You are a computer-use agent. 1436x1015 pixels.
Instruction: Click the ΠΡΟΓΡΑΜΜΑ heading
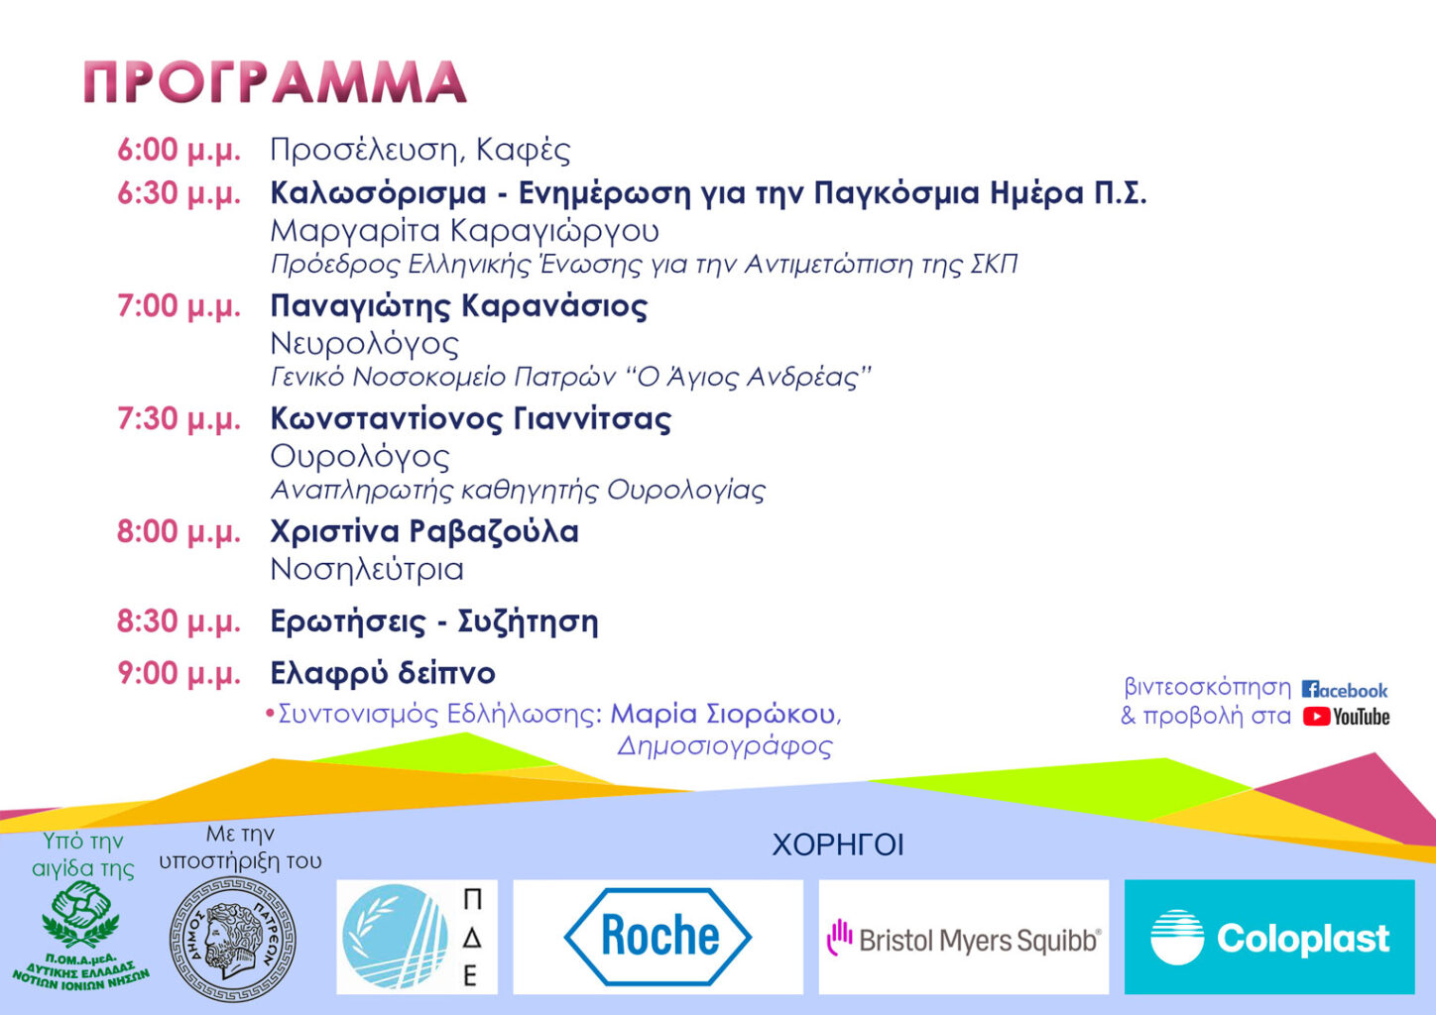click(275, 82)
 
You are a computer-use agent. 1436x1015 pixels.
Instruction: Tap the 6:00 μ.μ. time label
click(179, 151)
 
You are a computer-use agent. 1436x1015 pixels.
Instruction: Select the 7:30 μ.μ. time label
click(179, 419)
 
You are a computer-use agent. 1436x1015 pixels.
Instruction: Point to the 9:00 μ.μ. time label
click(179, 674)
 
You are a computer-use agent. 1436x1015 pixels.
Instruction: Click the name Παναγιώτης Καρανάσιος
click(459, 306)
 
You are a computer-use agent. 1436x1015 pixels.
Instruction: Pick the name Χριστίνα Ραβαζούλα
click(424, 532)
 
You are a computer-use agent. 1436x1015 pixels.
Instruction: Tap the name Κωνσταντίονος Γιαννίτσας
click(471, 419)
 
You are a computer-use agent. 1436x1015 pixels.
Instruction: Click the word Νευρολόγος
click(365, 345)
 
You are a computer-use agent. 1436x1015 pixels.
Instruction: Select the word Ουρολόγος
click(360, 458)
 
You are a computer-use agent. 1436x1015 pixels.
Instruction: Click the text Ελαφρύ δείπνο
click(384, 673)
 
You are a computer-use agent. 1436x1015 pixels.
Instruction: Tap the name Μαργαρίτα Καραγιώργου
click(465, 232)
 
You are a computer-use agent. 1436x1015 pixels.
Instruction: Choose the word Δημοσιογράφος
click(725, 746)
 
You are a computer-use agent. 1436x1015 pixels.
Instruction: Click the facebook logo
click(1345, 690)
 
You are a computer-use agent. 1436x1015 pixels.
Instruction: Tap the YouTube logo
click(1347, 717)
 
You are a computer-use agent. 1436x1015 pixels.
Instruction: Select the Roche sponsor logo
click(658, 937)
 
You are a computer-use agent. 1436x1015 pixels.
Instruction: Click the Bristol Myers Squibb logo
click(964, 937)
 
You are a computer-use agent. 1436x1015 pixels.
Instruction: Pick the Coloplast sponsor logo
click(1269, 937)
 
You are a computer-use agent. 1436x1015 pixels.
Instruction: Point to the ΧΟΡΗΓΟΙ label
click(838, 846)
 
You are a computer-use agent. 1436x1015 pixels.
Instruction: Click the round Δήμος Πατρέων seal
click(233, 940)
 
